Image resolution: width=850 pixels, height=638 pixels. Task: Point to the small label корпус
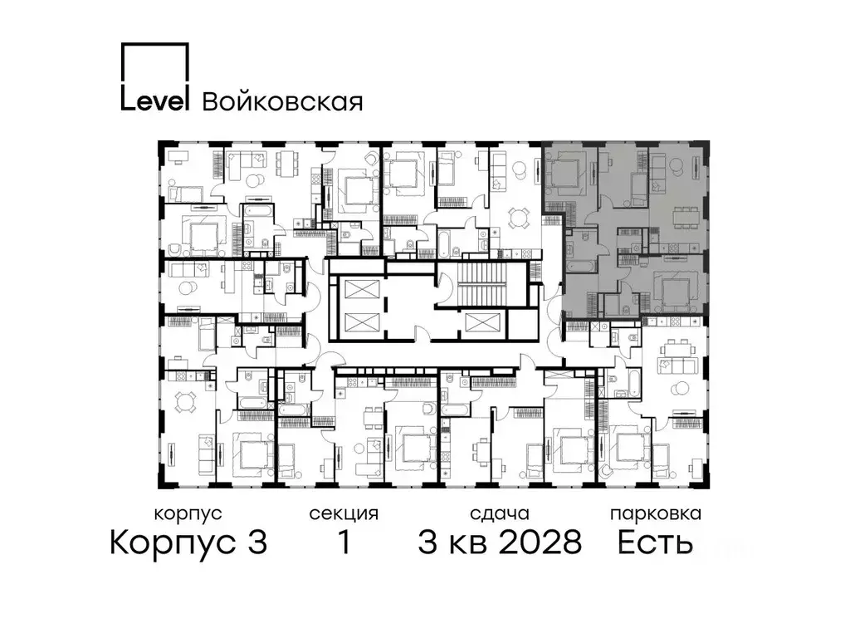click(x=188, y=513)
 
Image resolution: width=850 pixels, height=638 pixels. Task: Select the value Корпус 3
click(x=188, y=544)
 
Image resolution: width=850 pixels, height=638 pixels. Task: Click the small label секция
click(x=343, y=513)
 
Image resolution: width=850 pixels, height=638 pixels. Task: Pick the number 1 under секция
click(x=343, y=544)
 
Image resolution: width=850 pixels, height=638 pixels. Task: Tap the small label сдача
click(x=498, y=513)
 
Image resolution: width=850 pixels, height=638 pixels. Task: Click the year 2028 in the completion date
click(x=540, y=544)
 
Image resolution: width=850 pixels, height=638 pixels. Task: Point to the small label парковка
click(x=656, y=513)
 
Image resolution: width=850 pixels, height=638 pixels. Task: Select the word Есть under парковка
click(x=656, y=544)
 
